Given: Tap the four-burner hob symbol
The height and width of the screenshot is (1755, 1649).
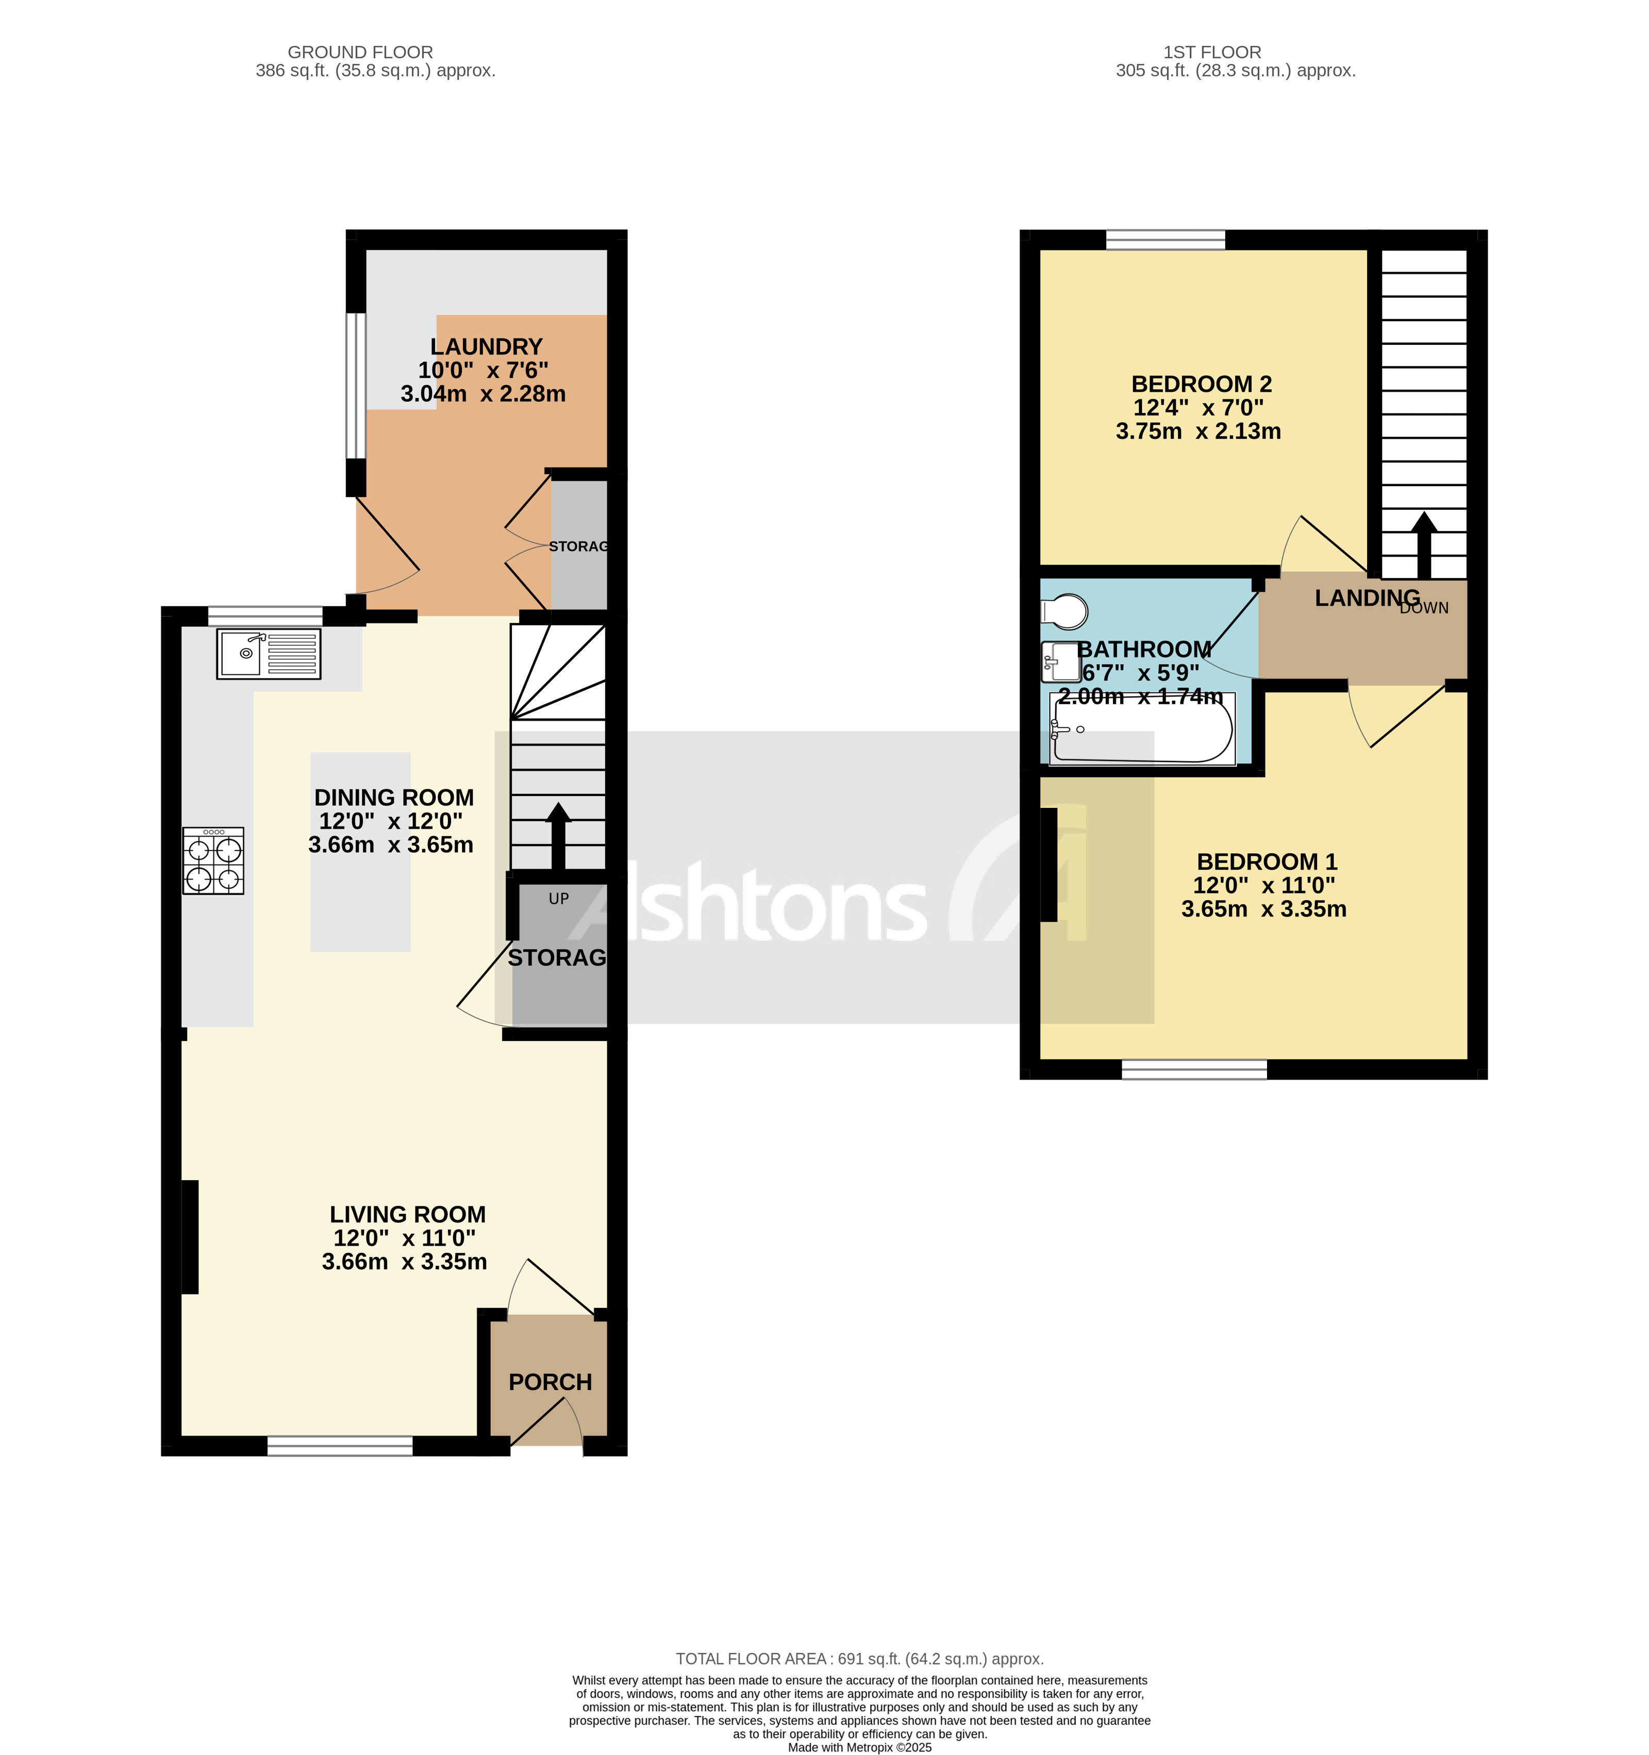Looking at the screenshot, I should click(213, 860).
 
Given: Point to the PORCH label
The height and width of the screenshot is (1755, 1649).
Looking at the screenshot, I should click(550, 1382).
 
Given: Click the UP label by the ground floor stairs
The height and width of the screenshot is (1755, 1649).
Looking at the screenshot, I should click(559, 899).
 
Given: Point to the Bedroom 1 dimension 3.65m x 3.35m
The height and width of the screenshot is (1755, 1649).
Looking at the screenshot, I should click(1263, 909).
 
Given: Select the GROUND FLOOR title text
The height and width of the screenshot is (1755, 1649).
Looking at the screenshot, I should click(360, 52).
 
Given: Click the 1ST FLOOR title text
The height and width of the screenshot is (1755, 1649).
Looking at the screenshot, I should click(1211, 52).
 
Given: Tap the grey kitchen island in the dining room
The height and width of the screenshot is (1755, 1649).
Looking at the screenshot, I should click(360, 852).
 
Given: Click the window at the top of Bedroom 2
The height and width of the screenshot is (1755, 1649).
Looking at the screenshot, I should click(1165, 239).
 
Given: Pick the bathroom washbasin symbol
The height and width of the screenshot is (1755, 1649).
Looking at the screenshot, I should click(1061, 661).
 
